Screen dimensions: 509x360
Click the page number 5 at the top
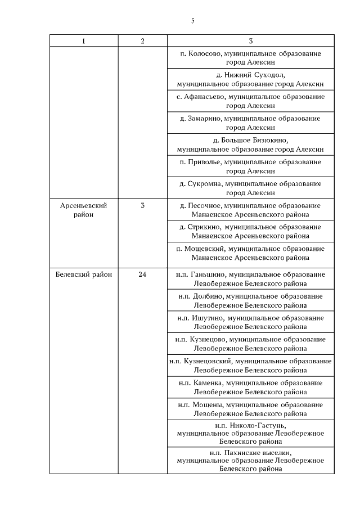coord(192,21)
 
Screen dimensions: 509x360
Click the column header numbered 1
coord(84,40)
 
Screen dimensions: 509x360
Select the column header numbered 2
coord(142,40)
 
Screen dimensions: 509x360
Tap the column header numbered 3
coord(250,40)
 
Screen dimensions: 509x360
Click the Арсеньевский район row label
coord(83,210)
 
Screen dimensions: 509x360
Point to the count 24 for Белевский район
coord(142,274)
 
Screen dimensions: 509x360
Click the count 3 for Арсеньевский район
coord(142,206)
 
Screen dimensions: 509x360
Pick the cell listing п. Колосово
coord(250,58)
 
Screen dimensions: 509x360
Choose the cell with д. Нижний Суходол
coord(250,79)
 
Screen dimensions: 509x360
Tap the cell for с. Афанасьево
coord(250,101)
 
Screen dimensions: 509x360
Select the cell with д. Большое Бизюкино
coord(250,145)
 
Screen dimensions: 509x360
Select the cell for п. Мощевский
coord(250,253)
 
